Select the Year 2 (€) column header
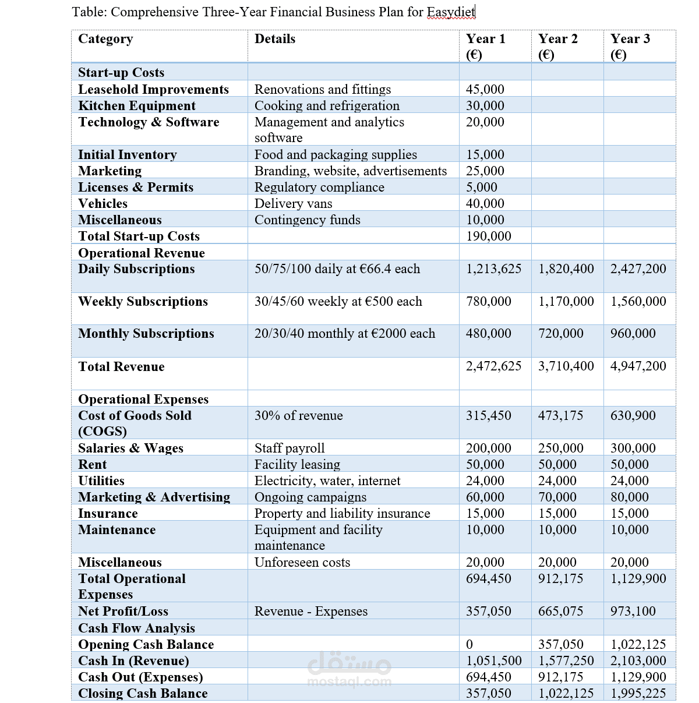(x=557, y=46)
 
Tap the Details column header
(x=275, y=39)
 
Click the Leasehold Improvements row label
(x=153, y=89)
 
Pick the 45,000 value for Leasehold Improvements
(x=485, y=89)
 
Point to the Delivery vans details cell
(x=293, y=203)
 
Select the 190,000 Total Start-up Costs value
(x=488, y=236)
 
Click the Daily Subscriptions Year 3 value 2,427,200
(x=638, y=269)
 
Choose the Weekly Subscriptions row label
(x=143, y=301)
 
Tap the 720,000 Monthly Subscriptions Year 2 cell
(x=560, y=333)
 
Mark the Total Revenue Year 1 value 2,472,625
(x=493, y=366)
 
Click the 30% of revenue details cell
(x=298, y=415)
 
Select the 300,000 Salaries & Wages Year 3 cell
(x=633, y=448)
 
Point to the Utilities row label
(x=101, y=481)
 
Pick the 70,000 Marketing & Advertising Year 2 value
(x=557, y=497)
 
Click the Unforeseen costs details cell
(x=302, y=562)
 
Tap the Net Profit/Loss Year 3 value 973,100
(x=633, y=611)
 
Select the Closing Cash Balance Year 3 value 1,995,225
(x=638, y=693)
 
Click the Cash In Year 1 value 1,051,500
(x=493, y=660)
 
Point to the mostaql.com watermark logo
(x=349, y=670)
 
